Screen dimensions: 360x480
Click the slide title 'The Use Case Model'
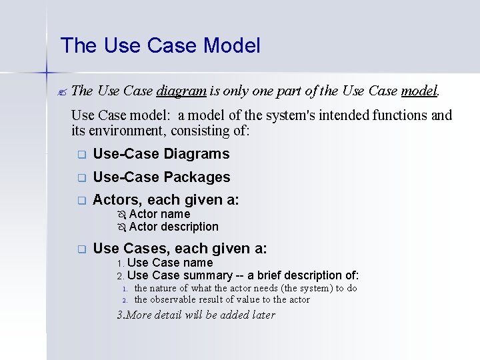(x=160, y=46)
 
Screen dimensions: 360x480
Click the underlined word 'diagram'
(x=182, y=91)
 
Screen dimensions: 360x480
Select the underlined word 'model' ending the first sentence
(x=419, y=91)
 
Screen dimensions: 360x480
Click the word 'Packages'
(x=197, y=177)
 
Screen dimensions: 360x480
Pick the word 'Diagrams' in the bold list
(x=196, y=154)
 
